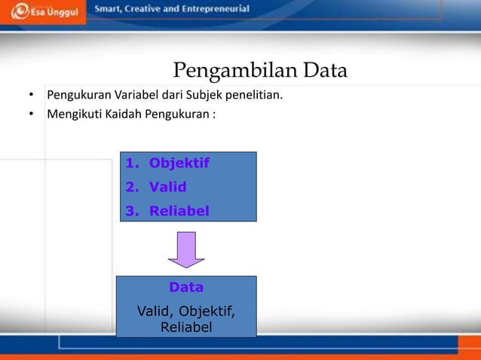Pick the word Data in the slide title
(325, 72)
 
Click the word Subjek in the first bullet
(200, 96)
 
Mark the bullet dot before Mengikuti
(31, 116)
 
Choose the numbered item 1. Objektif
(167, 163)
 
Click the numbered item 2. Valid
(156, 187)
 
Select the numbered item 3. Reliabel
(167, 211)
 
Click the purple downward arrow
(186, 249)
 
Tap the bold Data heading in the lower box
(185, 287)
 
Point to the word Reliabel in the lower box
(185, 327)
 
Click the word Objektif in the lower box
(207, 310)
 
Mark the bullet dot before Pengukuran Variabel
(31, 96)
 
